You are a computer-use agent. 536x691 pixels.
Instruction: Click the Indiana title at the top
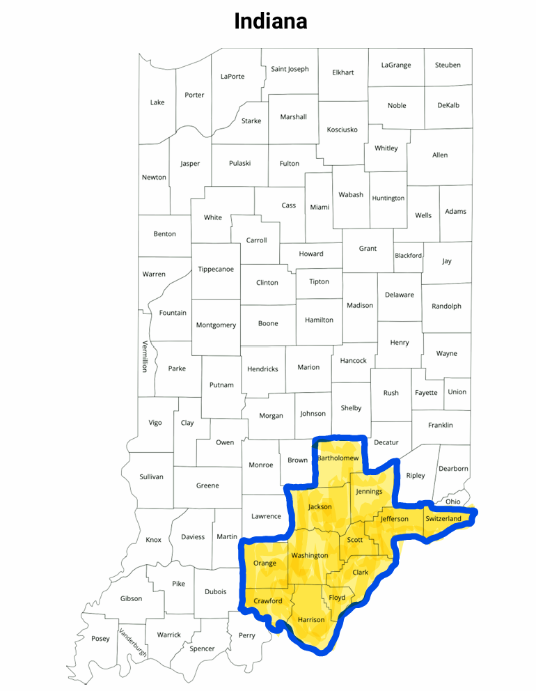[270, 21]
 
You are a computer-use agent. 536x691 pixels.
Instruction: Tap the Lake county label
[157, 102]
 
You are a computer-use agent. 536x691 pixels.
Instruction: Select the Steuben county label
[448, 65]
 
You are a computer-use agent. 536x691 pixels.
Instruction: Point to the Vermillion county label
[145, 356]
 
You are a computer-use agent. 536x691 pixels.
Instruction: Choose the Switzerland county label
[443, 519]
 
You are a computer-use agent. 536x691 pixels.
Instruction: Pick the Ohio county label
[453, 502]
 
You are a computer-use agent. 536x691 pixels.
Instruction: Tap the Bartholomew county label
[338, 458]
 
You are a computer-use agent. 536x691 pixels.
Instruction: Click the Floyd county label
[337, 598]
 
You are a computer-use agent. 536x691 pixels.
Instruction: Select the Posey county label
[100, 639]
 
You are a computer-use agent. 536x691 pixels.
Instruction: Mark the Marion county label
[308, 367]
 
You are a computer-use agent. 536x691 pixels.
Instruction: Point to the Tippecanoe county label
[216, 269]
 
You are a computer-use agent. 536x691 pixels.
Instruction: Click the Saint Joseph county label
[290, 69]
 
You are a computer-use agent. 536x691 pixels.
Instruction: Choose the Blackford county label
[408, 256]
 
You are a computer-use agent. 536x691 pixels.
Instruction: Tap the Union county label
[457, 391]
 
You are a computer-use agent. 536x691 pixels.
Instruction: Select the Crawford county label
[268, 600]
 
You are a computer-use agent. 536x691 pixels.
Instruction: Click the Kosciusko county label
[342, 130]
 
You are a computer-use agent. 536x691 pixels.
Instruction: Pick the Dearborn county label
[453, 469]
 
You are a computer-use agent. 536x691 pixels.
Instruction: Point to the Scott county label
[355, 540]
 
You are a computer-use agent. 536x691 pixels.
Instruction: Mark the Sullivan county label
[151, 476]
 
